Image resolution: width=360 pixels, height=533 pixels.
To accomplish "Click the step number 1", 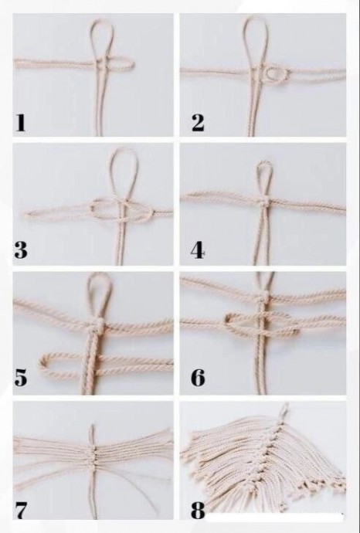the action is click(20, 123).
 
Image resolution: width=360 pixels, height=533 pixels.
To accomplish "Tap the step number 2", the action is click(198, 123).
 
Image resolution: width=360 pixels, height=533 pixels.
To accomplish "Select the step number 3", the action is click(21, 251).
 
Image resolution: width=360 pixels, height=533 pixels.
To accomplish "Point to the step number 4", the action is click(198, 251).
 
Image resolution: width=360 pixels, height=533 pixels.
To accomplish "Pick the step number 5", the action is click(21, 378).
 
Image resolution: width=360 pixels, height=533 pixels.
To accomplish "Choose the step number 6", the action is click(198, 378).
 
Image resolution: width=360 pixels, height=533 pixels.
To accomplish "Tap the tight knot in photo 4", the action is click(264, 204).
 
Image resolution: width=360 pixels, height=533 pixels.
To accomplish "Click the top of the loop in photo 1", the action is click(100, 21).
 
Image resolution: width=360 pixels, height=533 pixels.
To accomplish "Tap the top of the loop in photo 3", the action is click(125, 151).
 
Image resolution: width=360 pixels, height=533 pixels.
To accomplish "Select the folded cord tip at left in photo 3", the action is click(25, 214).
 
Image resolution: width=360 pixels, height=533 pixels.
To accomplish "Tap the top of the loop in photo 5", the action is click(99, 274).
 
